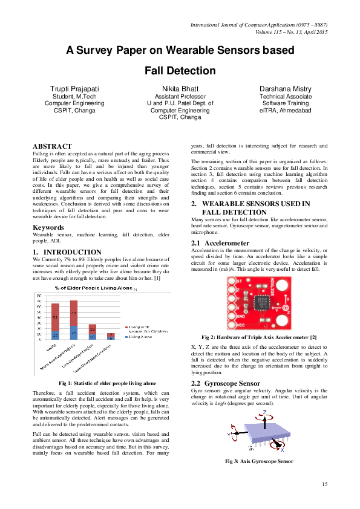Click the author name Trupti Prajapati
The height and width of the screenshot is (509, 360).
74,89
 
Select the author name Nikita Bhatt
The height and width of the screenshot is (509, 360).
180,89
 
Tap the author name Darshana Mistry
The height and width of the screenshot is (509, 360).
285,89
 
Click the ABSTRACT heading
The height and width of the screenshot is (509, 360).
52,146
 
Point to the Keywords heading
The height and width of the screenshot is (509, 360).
49,227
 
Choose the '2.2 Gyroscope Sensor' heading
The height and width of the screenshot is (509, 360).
225,383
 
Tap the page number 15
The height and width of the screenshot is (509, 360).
324,484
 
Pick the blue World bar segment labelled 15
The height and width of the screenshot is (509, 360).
55,336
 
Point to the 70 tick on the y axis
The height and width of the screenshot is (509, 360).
39,301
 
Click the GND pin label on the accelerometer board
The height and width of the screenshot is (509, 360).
240,315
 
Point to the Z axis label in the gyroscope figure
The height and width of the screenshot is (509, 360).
264,411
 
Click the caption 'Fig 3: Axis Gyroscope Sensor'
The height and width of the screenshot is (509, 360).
259,461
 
